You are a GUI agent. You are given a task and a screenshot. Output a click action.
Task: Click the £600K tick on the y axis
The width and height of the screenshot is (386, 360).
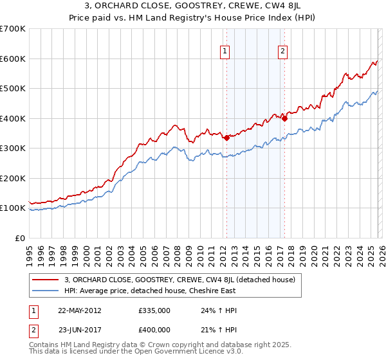pos(13,59)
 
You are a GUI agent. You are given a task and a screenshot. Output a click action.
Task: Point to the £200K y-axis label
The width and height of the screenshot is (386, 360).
pos(13,178)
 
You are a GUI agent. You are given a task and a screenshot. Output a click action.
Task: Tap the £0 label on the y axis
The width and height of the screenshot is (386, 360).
pos(19,238)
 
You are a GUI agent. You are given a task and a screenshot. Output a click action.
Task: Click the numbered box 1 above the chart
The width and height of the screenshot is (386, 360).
pos(225,53)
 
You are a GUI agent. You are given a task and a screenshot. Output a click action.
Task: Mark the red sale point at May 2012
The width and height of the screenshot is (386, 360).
pos(226,138)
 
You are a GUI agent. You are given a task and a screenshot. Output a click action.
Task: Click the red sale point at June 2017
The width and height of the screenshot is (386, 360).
pos(284,118)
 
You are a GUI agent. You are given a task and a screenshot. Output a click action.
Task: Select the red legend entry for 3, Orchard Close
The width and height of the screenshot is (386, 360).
pos(179,280)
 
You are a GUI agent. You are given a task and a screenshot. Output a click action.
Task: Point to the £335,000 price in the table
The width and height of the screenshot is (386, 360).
pos(154,310)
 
